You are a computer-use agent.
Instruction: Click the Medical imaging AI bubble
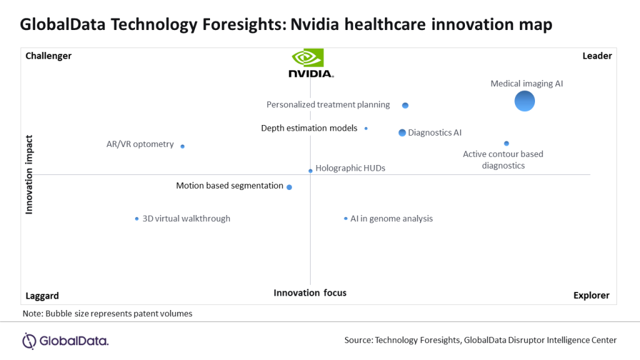(x=524, y=101)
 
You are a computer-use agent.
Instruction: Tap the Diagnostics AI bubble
(x=402, y=132)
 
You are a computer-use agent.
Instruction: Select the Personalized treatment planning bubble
(x=405, y=105)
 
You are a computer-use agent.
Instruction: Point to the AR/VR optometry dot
(x=182, y=146)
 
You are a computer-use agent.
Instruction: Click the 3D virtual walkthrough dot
(x=137, y=219)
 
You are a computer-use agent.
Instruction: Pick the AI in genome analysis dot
(x=346, y=219)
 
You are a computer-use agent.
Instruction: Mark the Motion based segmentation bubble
(x=289, y=187)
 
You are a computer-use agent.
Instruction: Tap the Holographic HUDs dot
(x=311, y=171)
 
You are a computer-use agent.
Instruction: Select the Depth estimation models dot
(x=366, y=129)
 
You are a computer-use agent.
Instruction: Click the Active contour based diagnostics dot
(x=506, y=143)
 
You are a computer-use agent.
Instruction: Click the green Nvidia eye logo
(x=307, y=57)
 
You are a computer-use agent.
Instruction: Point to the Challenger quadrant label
(x=49, y=56)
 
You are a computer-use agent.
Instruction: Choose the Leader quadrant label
(x=597, y=56)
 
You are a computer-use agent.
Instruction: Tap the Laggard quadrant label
(x=42, y=296)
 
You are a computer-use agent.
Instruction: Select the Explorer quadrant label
(x=591, y=296)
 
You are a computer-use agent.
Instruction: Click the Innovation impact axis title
(x=29, y=175)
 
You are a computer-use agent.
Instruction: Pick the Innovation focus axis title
(x=310, y=293)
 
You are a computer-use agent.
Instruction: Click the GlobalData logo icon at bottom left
(x=29, y=341)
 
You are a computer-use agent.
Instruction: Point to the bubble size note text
(x=107, y=314)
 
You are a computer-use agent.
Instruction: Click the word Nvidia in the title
(x=315, y=24)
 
